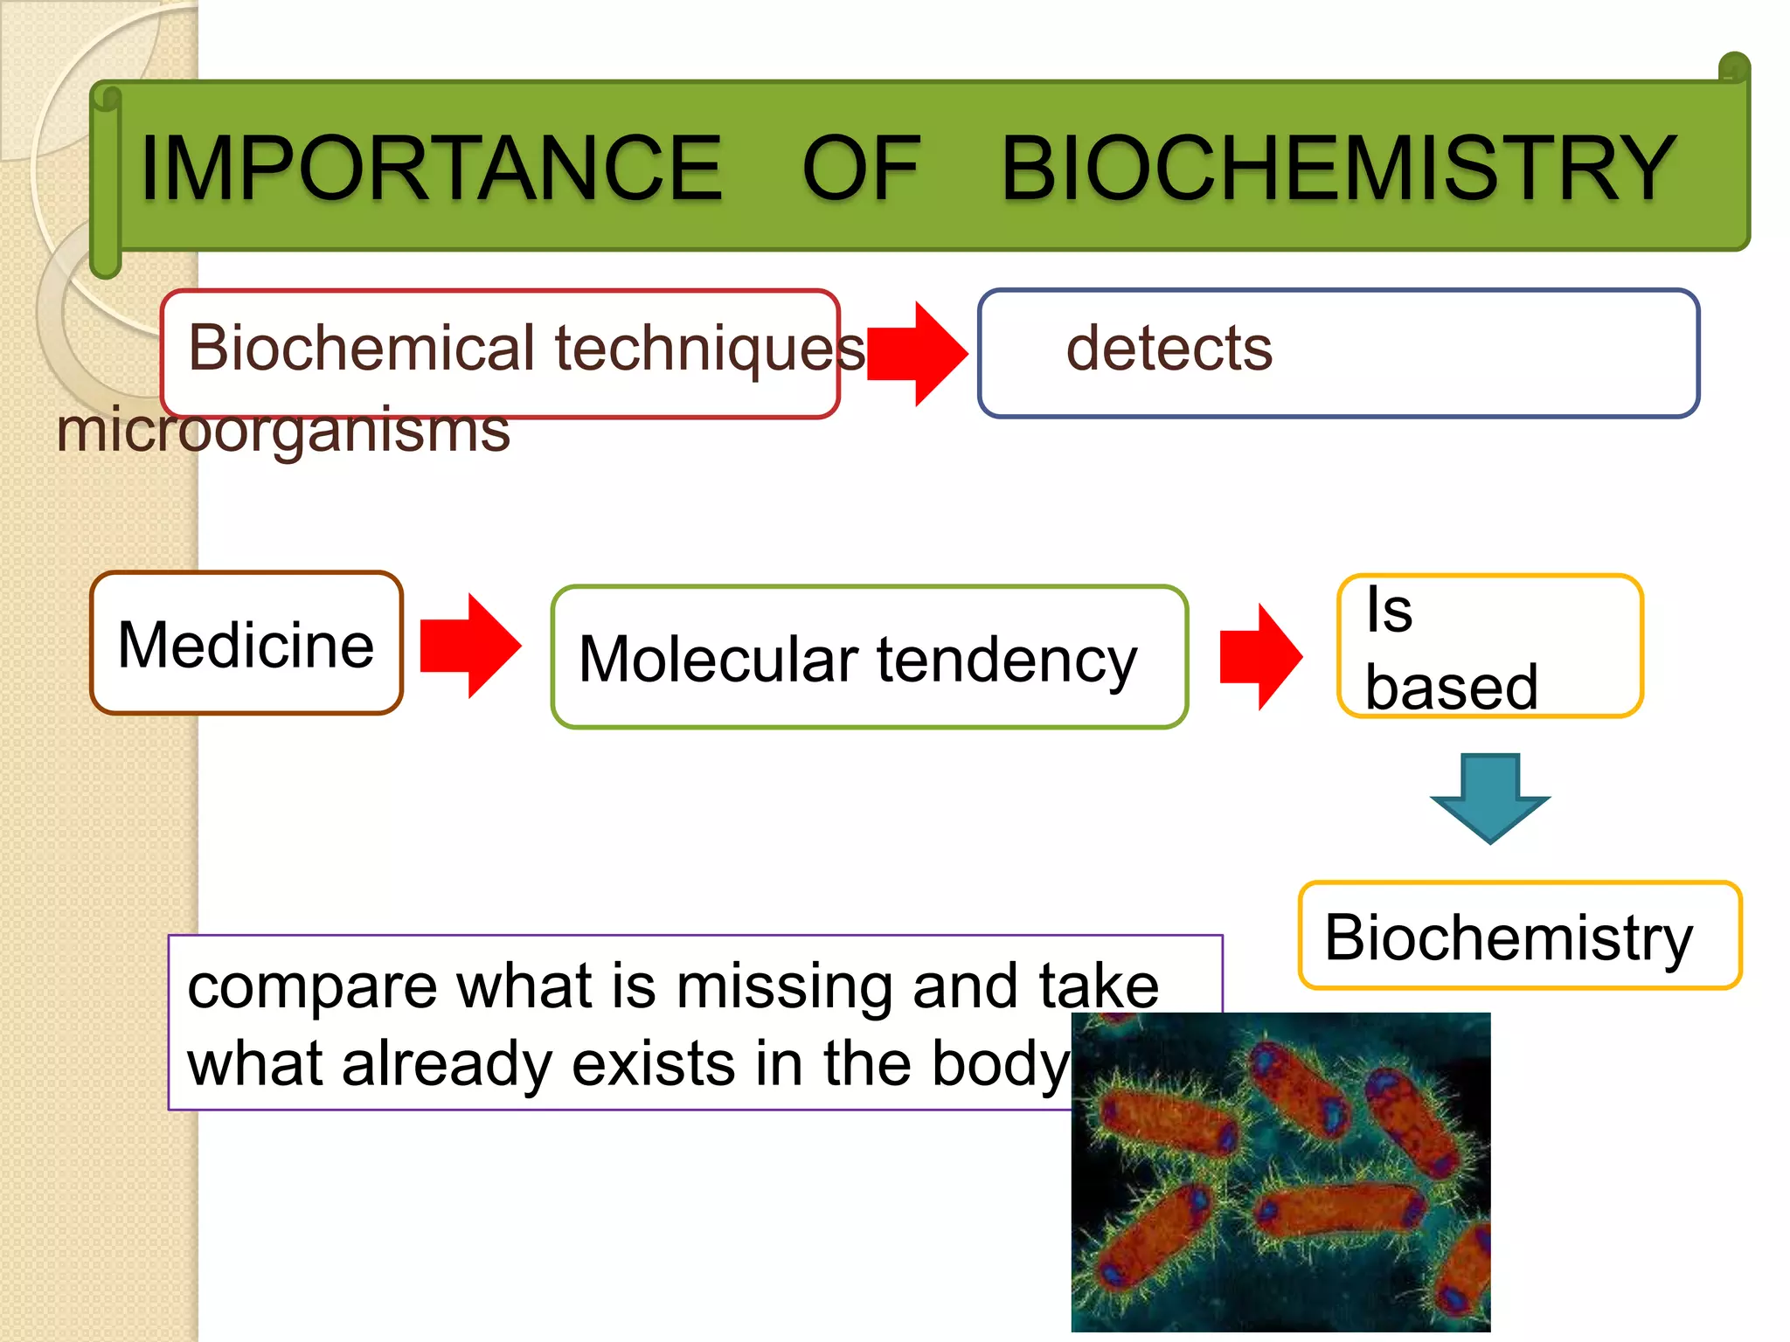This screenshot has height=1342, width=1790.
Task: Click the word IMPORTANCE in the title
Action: (x=430, y=168)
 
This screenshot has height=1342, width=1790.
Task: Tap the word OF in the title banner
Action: (x=861, y=168)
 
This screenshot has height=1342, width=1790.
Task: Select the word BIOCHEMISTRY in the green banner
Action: (x=1337, y=168)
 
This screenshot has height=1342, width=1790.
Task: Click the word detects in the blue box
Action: (x=1169, y=349)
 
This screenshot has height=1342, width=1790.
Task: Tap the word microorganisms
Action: (x=282, y=431)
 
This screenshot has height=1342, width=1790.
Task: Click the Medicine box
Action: (x=246, y=644)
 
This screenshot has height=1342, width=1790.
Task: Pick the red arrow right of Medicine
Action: (x=470, y=646)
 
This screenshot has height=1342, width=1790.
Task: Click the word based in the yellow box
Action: (x=1451, y=688)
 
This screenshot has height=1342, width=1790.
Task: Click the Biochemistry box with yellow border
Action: (x=1519, y=937)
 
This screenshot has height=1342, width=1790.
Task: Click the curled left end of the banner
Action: (x=106, y=179)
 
